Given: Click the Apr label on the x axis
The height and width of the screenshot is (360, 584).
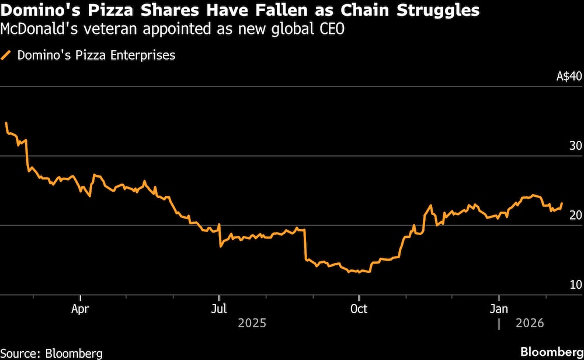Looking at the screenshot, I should (x=79, y=309).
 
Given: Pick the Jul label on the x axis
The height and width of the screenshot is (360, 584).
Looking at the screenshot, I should (x=219, y=309).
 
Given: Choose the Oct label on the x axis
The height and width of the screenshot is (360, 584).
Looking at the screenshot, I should (x=359, y=309).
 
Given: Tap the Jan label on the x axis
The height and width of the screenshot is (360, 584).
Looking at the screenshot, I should (x=499, y=309).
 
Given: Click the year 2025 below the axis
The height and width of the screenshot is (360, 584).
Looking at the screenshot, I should (x=252, y=323).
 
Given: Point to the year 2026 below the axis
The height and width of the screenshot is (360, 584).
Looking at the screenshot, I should (x=530, y=323).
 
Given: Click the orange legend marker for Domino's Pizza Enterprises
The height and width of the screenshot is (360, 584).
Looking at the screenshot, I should (x=7, y=56).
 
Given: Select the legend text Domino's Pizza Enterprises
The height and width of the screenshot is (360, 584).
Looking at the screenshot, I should (x=96, y=56).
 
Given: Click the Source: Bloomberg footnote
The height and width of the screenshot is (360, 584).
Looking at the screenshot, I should (x=51, y=352).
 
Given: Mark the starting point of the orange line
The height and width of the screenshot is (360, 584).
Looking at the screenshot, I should (x=6, y=123).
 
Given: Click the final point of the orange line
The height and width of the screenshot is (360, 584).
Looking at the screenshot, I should (x=562, y=203).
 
